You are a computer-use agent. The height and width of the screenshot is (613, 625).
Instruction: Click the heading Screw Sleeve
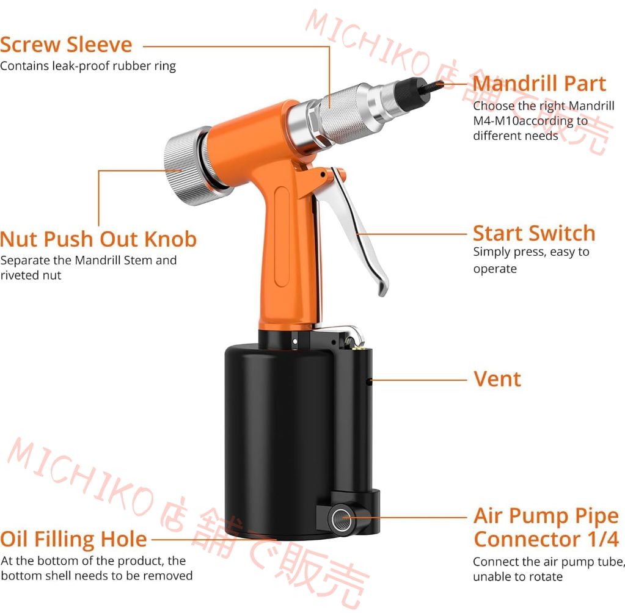pyautogui.click(x=66, y=45)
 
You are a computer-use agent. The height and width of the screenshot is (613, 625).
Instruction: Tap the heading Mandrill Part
pyautogui.click(x=539, y=84)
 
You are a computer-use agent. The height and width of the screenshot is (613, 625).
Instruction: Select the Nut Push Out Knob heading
pyautogui.click(x=98, y=239)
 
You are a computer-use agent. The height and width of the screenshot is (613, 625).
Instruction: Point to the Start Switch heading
pyautogui.click(x=534, y=233)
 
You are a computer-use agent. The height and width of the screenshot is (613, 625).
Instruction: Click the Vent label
pyautogui.click(x=497, y=379)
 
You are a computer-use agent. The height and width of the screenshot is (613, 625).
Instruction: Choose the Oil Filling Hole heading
pyautogui.click(x=73, y=539)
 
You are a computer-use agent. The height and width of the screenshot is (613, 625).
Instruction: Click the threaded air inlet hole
pyautogui.click(x=342, y=518)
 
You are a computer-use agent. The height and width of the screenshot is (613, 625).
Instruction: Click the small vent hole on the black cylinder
pyautogui.click(x=368, y=382)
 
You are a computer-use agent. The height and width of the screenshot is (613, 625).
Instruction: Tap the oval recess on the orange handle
pyautogui.click(x=282, y=237)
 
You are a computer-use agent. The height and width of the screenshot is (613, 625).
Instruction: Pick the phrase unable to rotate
pyautogui.click(x=517, y=576)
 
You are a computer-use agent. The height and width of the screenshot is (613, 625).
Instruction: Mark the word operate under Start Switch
pyautogui.click(x=495, y=269)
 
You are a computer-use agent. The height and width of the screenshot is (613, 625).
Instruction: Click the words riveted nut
pyautogui.click(x=31, y=275)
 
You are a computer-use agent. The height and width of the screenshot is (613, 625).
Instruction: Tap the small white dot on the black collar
pyautogui.click(x=295, y=342)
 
